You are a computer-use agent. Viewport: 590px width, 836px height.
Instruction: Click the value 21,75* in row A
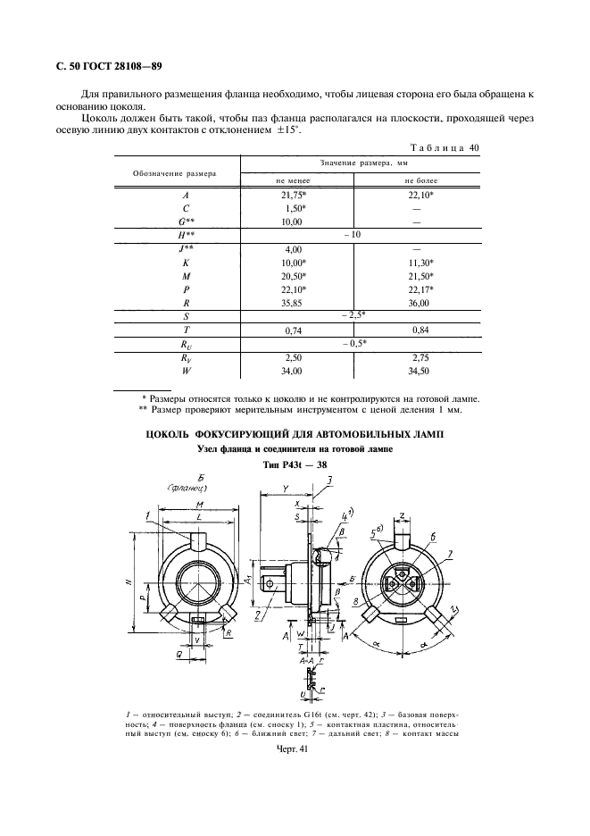pyautogui.click(x=294, y=195)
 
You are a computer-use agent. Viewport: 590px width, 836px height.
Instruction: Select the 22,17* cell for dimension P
pyautogui.click(x=418, y=289)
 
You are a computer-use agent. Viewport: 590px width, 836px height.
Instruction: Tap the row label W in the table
pyautogui.click(x=185, y=371)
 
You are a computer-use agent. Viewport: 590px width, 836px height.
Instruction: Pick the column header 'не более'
pyautogui.click(x=418, y=180)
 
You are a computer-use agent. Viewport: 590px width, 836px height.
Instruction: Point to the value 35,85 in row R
pyautogui.click(x=292, y=303)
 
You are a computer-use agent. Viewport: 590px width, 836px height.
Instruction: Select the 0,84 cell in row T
pyautogui.click(x=418, y=330)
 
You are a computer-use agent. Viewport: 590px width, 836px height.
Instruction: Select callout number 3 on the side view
pyautogui.click(x=329, y=481)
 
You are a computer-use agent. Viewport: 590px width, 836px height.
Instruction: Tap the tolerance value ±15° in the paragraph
pyautogui.click(x=286, y=130)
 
